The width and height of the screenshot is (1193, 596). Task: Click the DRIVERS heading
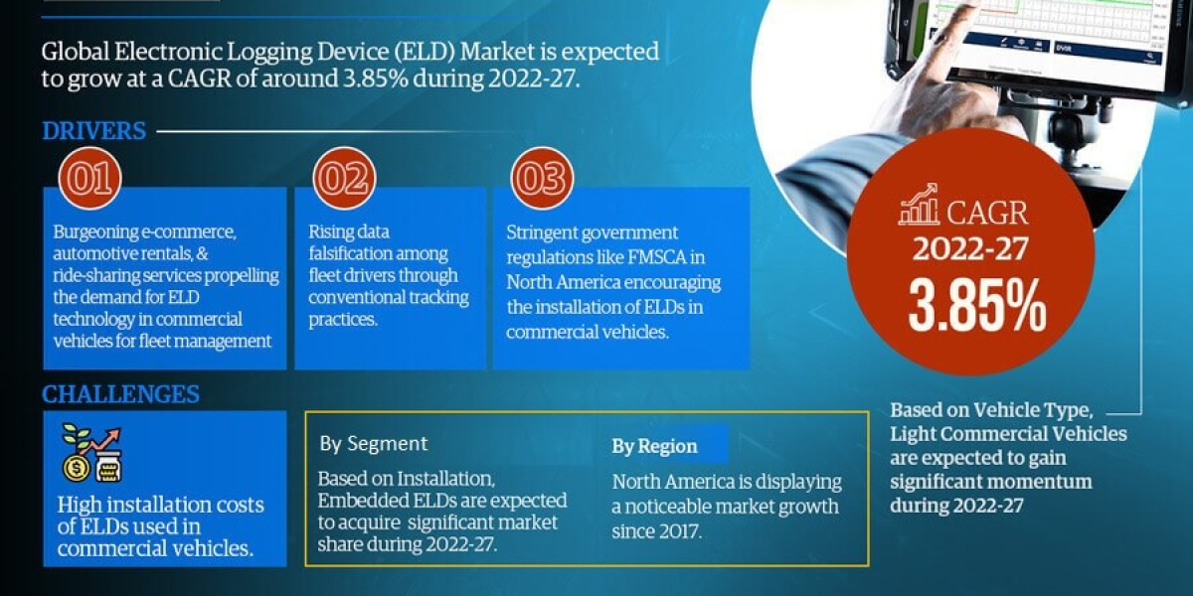tap(94, 131)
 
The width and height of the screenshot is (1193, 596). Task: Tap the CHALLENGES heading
tap(120, 394)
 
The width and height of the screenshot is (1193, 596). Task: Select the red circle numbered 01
tap(91, 180)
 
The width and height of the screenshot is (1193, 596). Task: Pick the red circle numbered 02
tap(344, 180)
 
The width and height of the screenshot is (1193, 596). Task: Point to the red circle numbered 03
tap(542, 180)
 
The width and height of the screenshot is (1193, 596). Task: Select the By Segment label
tap(374, 444)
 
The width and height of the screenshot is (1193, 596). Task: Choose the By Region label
tap(654, 446)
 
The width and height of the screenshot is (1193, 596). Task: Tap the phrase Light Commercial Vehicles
tap(1008, 434)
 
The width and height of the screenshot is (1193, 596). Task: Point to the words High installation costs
tap(161, 505)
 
